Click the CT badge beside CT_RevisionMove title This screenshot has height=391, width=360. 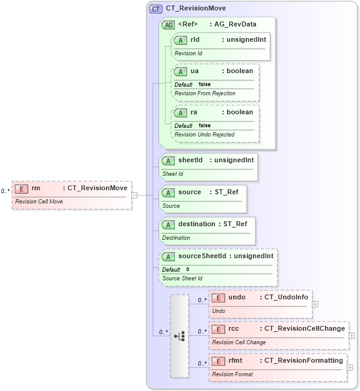pos(156,9)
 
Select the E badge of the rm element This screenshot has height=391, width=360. pos(22,188)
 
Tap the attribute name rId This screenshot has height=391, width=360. pos(195,40)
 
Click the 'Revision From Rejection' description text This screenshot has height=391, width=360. pos(205,93)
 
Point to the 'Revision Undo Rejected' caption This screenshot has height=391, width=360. pos(204,134)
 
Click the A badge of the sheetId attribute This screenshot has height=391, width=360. pos(168,160)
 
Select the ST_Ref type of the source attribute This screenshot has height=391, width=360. pos(226,192)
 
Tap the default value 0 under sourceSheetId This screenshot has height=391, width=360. pos(188,269)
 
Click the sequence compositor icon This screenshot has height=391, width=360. pos(179,336)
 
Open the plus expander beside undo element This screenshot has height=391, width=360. pos(315,304)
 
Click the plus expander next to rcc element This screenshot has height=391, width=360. pos(352,336)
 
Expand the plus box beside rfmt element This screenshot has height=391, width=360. pos(350,368)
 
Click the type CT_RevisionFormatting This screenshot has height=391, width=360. pos(303,361)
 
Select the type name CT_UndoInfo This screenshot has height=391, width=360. pos(287,298)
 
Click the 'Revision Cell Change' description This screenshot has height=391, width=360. pos(239,342)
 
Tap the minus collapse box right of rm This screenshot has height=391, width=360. pos(134,195)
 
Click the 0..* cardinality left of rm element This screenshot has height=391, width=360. pos(5,191)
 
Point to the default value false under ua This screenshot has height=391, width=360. pos(204,85)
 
